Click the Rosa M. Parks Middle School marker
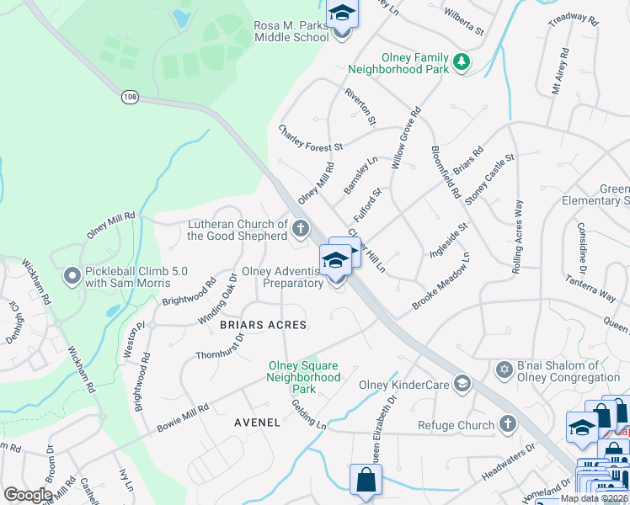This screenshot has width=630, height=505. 342,14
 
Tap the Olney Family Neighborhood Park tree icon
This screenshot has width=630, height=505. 461,61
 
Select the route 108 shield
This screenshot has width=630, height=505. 130,97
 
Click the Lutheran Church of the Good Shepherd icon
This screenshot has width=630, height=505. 300,228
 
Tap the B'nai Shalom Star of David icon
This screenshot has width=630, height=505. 505,370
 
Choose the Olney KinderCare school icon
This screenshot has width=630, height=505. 462,384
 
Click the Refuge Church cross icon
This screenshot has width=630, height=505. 508,424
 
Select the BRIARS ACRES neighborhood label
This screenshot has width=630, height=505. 263,324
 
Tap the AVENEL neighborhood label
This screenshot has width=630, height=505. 257,423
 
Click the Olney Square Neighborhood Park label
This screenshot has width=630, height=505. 304,377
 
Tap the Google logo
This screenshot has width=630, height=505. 28,495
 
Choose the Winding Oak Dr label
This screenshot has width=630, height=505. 217,296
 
